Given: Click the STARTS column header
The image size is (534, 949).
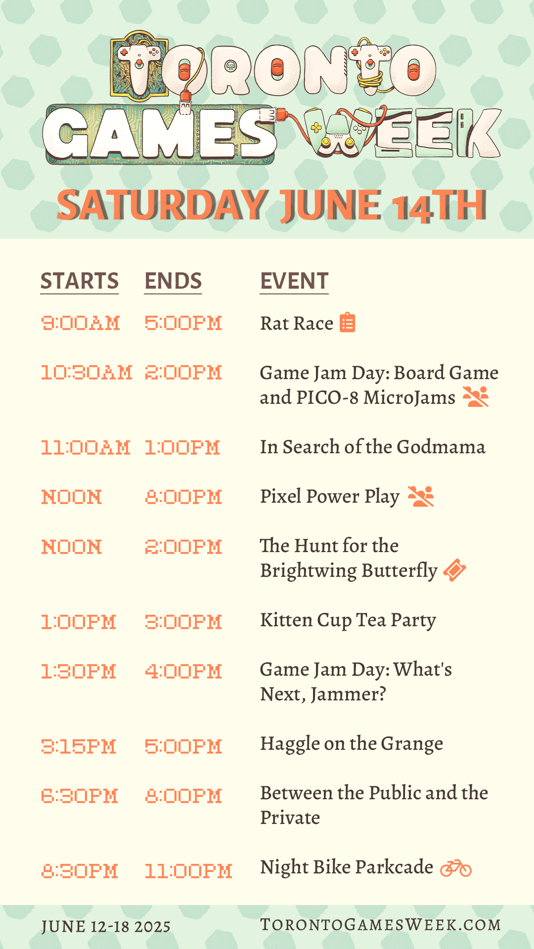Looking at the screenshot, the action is [x=80, y=281].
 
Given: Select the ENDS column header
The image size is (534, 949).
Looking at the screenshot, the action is [x=173, y=281].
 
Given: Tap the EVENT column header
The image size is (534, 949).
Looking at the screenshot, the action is [x=294, y=281].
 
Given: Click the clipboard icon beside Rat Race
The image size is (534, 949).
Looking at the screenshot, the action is [x=348, y=322].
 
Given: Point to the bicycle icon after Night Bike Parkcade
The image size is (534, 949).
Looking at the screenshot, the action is [x=456, y=868].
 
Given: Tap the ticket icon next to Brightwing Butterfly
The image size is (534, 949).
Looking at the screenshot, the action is [x=455, y=570].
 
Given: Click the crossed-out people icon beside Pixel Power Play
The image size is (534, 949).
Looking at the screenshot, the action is [x=421, y=496].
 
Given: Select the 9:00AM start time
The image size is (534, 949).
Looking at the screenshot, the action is [x=81, y=323].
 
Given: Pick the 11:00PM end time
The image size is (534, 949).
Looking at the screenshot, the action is [x=188, y=871].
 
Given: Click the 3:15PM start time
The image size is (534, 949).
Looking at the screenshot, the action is [x=79, y=746].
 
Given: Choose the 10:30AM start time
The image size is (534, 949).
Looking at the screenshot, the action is [x=87, y=373].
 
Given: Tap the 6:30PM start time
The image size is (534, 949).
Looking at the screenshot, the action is [x=80, y=796].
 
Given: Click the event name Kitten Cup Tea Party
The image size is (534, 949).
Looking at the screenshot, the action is [x=348, y=620].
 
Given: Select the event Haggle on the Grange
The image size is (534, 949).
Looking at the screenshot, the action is [x=352, y=744].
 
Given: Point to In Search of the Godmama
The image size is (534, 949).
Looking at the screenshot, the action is [x=373, y=447].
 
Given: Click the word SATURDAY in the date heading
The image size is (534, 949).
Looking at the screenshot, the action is [x=162, y=205].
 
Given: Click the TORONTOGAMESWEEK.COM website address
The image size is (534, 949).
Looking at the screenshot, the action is [x=381, y=925].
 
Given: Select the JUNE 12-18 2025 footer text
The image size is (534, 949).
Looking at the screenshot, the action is [x=106, y=927].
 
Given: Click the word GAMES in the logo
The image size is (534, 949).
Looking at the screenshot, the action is [x=159, y=134].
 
